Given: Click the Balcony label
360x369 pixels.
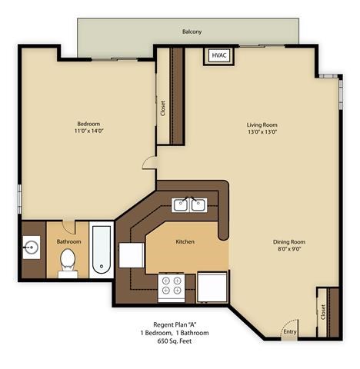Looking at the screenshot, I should (192, 32).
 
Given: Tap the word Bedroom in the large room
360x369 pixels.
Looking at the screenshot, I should (88, 124).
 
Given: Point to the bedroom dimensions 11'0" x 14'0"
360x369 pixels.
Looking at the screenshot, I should (88, 131).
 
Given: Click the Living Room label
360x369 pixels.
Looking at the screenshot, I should (262, 124).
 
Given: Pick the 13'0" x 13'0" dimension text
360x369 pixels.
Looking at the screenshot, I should (262, 131).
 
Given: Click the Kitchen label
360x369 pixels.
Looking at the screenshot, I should (185, 241).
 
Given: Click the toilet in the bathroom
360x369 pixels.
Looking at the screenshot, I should (68, 260).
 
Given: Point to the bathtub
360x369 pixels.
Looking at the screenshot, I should (102, 250).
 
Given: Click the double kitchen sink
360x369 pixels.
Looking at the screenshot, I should (189, 204).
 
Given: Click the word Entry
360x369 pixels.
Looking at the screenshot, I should (289, 332).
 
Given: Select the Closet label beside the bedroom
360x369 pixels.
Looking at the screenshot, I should (162, 108).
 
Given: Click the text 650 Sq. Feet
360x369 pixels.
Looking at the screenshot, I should (174, 340).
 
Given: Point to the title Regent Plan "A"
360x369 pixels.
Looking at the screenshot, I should (174, 324).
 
